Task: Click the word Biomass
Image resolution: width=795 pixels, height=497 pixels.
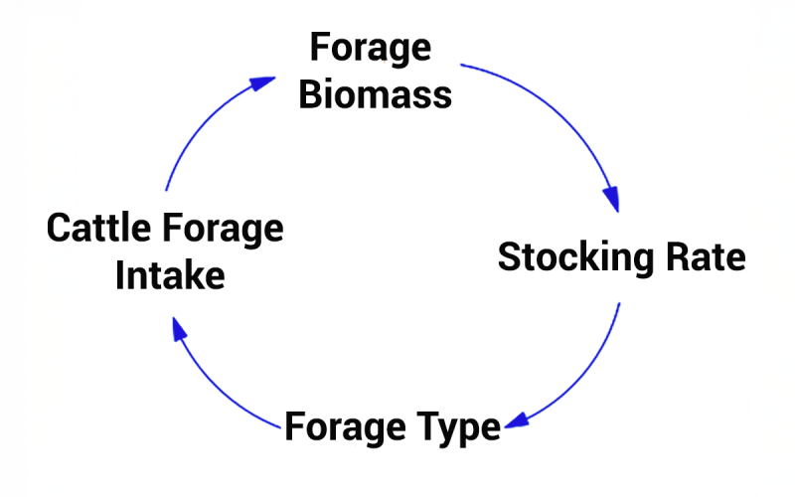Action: (376, 94)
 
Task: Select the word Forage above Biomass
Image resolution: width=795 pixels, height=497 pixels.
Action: (371, 48)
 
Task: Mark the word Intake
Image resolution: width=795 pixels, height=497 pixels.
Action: (170, 275)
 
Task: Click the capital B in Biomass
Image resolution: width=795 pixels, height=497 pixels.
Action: (309, 94)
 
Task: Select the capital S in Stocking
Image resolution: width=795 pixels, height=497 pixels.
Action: (509, 257)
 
